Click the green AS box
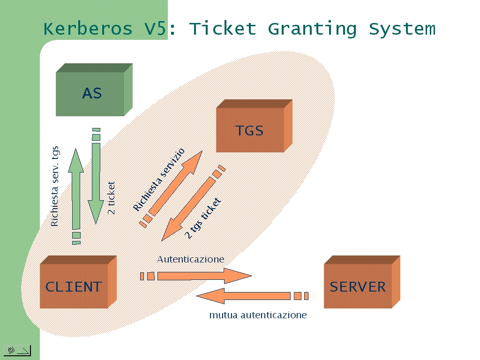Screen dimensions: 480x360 pos(94,90)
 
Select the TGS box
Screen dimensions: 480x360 pos(254,126)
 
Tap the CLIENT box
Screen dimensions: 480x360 pos(78,282)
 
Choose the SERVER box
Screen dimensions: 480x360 pos(362,282)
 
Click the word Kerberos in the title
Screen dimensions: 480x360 pos(88,29)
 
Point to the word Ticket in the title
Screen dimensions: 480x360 pos(223,29)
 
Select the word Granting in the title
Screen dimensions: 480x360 pos(312,29)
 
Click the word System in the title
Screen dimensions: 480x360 pos(402,30)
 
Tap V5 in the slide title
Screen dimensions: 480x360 pos(155,29)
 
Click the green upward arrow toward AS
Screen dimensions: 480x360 pos(76,196)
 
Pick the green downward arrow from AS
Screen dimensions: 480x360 pos(96,176)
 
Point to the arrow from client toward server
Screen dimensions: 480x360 pos(196,276)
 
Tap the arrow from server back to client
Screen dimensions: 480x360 pos(252,296)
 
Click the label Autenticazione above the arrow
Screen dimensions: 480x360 pos(190,259)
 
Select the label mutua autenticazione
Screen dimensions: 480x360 pos(258,315)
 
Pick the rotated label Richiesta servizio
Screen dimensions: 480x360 pos(159,180)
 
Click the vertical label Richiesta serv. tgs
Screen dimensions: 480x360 pos(55,186)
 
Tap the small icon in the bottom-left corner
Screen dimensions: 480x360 pos(17,350)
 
